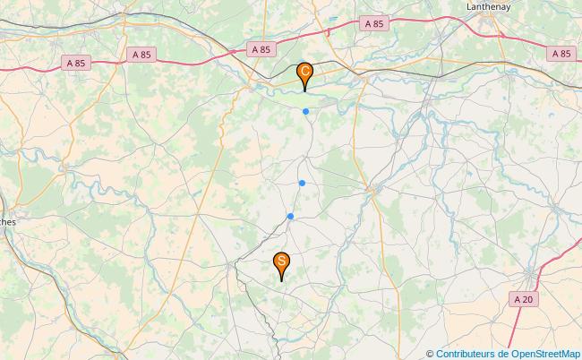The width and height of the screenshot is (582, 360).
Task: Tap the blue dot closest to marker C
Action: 306,111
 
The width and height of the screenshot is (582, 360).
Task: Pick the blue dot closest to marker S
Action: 290,216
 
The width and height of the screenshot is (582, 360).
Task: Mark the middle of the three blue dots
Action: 303,184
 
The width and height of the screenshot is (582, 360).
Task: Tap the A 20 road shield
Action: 525,298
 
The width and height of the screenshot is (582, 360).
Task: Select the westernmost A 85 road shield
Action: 76,62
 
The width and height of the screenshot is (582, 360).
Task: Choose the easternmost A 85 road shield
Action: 561,54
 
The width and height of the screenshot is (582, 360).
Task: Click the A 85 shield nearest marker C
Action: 261,49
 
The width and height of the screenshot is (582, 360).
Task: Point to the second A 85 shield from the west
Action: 140,54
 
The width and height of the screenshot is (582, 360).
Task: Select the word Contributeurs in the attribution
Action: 466,353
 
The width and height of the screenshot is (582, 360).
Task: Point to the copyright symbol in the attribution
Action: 431,353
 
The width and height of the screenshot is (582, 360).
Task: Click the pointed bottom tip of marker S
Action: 281,281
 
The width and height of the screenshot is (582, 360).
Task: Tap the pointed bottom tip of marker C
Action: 305,91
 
